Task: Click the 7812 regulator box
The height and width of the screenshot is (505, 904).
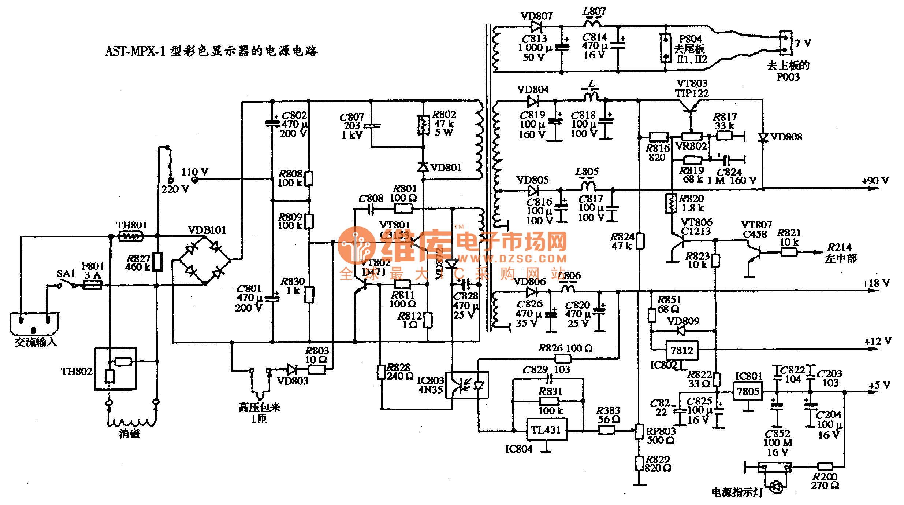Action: coord(681,350)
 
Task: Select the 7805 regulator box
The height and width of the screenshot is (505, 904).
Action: coord(748,391)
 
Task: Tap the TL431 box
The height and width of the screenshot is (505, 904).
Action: coord(546,430)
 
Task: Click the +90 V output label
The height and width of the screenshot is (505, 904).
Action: coord(875,181)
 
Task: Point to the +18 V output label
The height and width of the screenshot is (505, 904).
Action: coord(876,283)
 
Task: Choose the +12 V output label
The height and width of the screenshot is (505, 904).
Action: coord(878,341)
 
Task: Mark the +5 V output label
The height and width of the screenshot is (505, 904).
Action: coord(879,385)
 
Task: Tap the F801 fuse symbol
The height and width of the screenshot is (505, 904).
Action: coord(93,285)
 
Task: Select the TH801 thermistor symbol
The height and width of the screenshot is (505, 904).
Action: coord(131,236)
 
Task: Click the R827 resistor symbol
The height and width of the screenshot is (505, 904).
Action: coord(157,262)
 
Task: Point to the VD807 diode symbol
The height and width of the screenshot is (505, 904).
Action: coord(536,26)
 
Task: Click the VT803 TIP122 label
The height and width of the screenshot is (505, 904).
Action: coord(692,88)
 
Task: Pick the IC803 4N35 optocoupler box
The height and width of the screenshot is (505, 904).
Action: coord(467,386)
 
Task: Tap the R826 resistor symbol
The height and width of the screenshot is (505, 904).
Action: coord(563,358)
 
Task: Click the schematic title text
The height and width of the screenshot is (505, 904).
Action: coord(211,51)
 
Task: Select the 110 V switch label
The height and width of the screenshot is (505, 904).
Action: coord(194,172)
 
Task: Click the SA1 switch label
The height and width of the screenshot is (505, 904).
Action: coord(66,274)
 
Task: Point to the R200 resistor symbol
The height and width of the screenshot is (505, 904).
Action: coord(825,467)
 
